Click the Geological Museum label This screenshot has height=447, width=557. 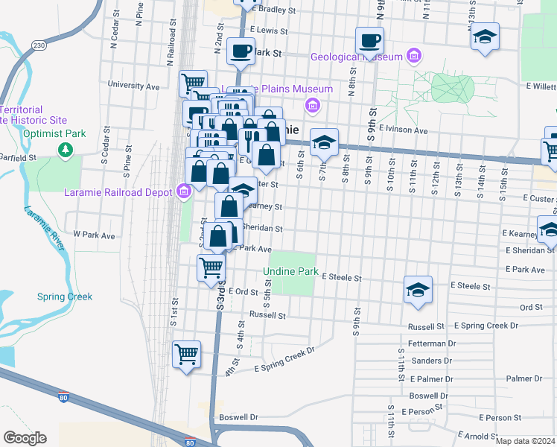point(357,57)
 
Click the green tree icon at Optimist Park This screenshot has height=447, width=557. point(66,150)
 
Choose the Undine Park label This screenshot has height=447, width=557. point(290,271)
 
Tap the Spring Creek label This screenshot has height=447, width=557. point(64,297)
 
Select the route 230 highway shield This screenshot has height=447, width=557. point(39,46)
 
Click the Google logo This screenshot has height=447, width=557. point(25,438)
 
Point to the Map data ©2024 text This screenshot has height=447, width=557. point(525,441)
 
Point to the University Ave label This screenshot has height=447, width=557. point(133,86)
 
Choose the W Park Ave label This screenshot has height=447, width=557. point(94,235)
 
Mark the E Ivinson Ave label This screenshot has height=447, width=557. point(403,130)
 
